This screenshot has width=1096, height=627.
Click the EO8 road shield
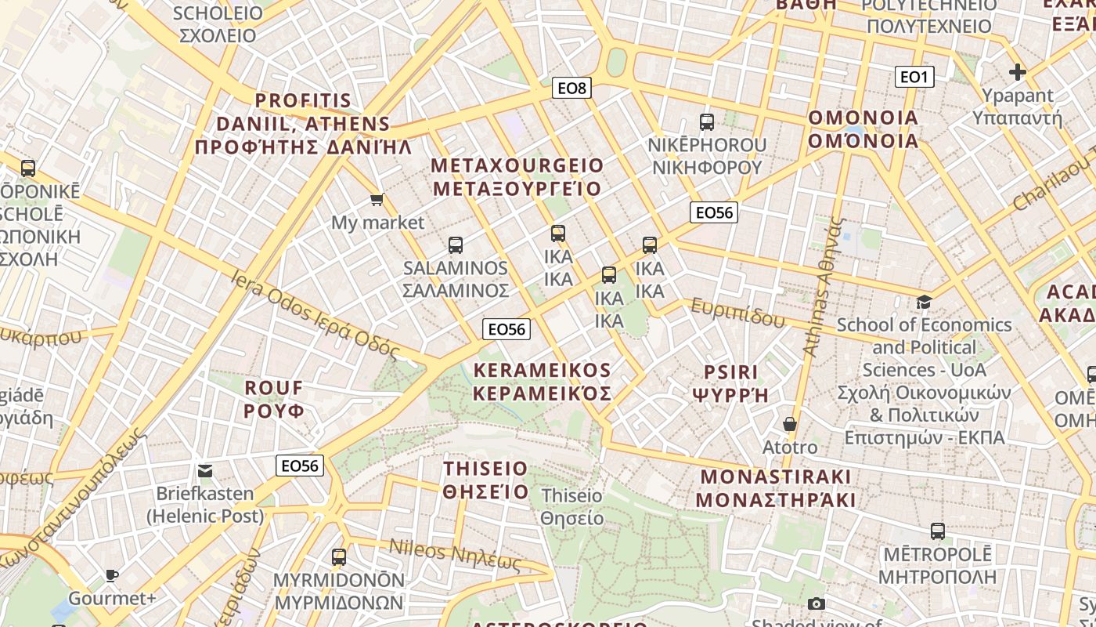571,88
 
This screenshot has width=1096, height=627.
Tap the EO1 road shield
914,77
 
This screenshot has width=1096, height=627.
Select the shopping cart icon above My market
377,200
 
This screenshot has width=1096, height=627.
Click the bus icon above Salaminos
456,245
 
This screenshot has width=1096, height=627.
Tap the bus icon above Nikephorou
707,122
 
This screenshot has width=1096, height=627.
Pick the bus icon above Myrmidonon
339,557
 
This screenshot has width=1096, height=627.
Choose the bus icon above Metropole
938,531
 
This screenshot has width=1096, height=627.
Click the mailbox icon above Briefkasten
205,471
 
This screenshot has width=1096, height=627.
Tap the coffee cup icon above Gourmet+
112,576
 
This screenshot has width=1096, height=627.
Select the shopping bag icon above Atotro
790,424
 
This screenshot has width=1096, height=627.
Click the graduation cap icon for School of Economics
925,302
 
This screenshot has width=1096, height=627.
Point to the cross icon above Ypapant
1017,73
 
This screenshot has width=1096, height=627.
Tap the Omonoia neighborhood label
863,129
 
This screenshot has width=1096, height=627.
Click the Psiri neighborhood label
731,383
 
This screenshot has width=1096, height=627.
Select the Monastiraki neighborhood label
774,488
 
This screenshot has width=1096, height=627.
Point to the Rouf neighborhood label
274,399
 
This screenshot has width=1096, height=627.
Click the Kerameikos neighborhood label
543,382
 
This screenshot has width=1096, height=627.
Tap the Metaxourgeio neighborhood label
517,177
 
